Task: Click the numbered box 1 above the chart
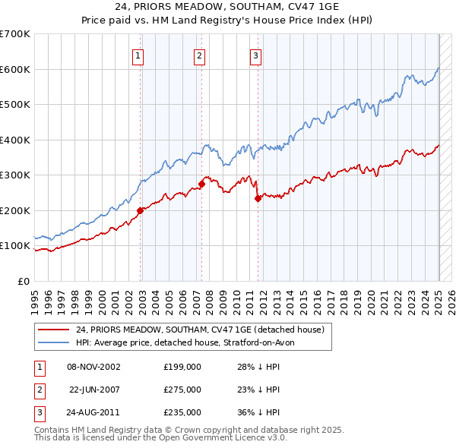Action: click(x=138, y=55)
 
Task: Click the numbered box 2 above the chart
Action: click(x=199, y=55)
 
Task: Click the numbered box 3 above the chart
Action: click(x=255, y=55)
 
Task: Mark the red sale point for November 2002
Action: click(x=141, y=211)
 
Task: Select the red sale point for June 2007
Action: click(x=202, y=184)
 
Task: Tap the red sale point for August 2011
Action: click(x=258, y=198)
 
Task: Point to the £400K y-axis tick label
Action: click(x=15, y=140)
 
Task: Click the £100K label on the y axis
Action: click(x=15, y=246)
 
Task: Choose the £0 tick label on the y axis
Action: click(x=23, y=281)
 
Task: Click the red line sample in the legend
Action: click(x=53, y=330)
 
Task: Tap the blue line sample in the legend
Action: click(x=53, y=342)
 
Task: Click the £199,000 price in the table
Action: click(x=182, y=367)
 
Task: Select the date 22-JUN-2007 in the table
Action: click(x=95, y=390)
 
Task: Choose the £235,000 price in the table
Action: click(x=182, y=412)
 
